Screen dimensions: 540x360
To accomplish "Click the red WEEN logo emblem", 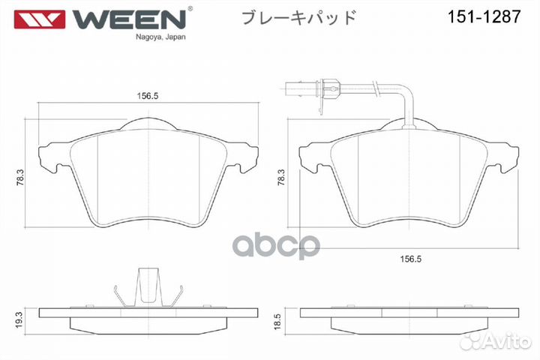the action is coord(40,19).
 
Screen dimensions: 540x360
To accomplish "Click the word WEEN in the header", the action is coord(129,19).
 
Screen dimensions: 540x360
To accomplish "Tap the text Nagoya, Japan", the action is coord(160,37).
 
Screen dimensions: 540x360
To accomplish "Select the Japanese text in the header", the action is coord(298,17).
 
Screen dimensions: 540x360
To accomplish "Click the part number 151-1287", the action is coord(484,16).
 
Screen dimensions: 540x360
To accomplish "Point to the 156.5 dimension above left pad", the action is coord(148,96).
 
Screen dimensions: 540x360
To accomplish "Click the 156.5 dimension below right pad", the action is coord(410,259).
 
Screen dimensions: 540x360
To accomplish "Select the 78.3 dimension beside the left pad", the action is coord(20,178).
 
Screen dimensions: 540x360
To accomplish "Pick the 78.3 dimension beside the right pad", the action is coord(281,178).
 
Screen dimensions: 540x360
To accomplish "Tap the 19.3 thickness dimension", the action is coord(19,319).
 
